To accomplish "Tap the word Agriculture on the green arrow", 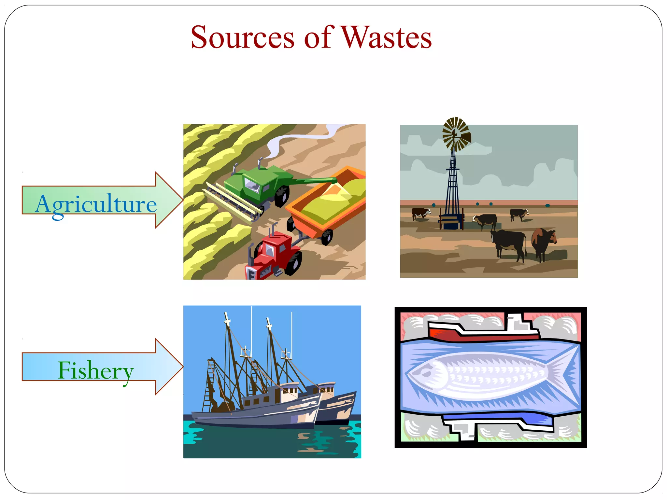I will (96, 204).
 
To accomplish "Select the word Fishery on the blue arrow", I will (96, 370).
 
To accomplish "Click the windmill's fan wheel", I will (455, 134).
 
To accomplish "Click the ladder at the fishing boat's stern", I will (208, 387).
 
